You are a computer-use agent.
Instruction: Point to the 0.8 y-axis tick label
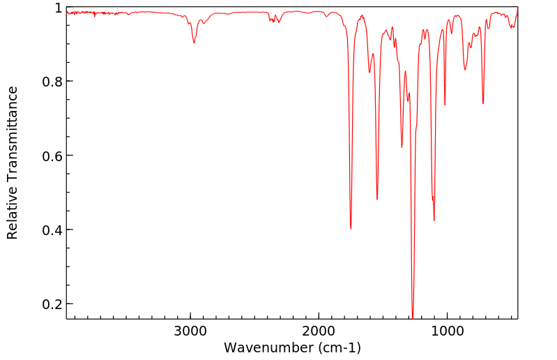tap(52, 82)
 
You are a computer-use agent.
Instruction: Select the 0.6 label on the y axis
tap(52, 156)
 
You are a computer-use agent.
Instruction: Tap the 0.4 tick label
tap(52, 230)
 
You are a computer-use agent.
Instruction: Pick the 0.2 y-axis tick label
tap(52, 304)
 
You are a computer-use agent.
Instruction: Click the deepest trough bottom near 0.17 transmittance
tap(413, 317)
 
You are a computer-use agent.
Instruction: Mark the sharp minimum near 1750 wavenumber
tap(351, 228)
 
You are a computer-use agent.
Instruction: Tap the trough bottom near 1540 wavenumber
tap(377, 200)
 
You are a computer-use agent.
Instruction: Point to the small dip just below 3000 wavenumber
tap(194, 43)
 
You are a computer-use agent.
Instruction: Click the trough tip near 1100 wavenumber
tap(434, 220)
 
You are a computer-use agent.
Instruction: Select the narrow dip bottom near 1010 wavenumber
tap(445, 105)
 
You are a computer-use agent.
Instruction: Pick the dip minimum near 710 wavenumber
tap(483, 103)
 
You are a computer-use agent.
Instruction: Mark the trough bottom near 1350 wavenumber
tap(402, 147)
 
